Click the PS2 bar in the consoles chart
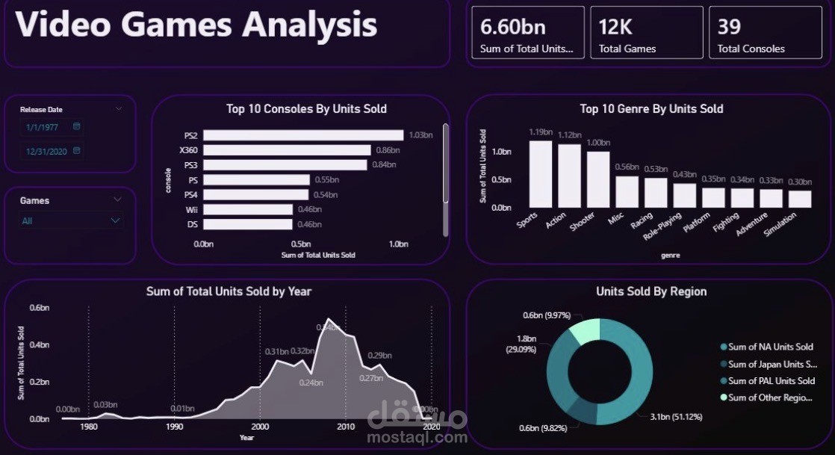coord(303,135)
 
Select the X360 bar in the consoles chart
coord(287,150)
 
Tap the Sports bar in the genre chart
coord(541,174)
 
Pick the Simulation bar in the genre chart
coord(800,199)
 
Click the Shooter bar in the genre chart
coord(598,179)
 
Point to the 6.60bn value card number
coord(513,27)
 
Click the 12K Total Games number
coord(615,27)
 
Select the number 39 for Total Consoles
coord(729,27)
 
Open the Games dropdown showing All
coord(71,221)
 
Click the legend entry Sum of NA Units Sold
coord(771,347)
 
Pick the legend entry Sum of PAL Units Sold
coord(771,381)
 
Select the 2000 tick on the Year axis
coord(260,427)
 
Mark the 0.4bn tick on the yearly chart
coord(39,345)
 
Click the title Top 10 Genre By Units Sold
coord(651,109)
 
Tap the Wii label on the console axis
coord(190,210)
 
